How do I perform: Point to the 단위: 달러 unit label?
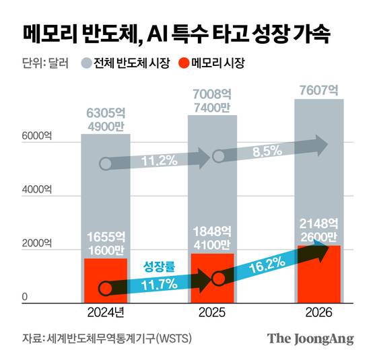39,65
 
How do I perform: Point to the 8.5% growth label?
267,151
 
